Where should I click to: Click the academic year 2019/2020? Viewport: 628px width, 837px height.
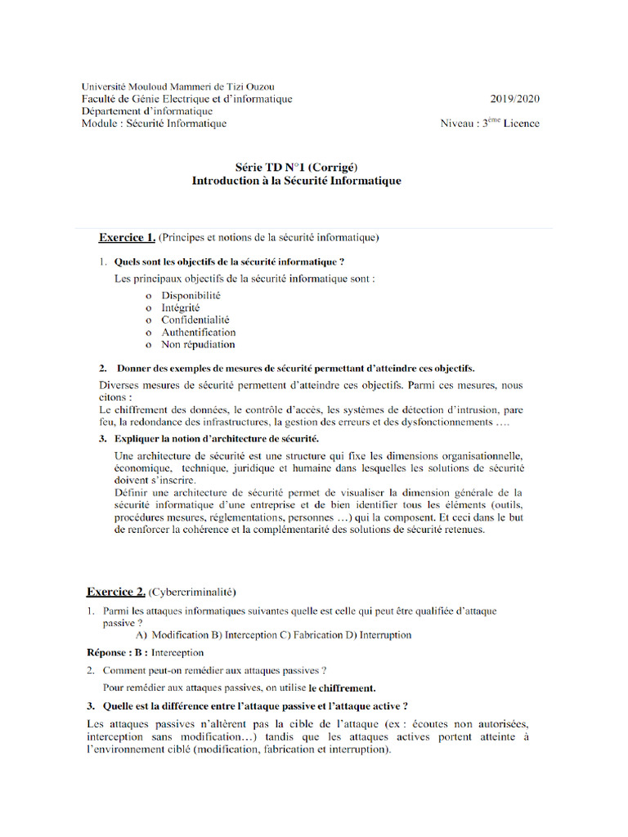click(x=515, y=99)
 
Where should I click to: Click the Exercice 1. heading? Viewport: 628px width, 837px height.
click(x=127, y=238)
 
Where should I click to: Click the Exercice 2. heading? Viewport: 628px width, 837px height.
click(x=116, y=591)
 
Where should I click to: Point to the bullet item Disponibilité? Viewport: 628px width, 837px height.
click(x=191, y=295)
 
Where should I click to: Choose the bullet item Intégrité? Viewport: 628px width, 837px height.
click(x=181, y=307)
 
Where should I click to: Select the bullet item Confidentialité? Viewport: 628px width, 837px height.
click(x=195, y=320)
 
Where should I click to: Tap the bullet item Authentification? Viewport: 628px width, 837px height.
click(x=198, y=333)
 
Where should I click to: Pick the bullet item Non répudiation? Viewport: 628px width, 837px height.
click(x=198, y=345)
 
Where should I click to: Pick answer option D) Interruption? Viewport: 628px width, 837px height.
click(x=379, y=635)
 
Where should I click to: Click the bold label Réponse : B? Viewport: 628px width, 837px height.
click(x=117, y=653)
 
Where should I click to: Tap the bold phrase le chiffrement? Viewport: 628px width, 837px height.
click(x=342, y=688)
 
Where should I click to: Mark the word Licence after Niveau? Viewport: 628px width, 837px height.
click(x=521, y=124)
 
